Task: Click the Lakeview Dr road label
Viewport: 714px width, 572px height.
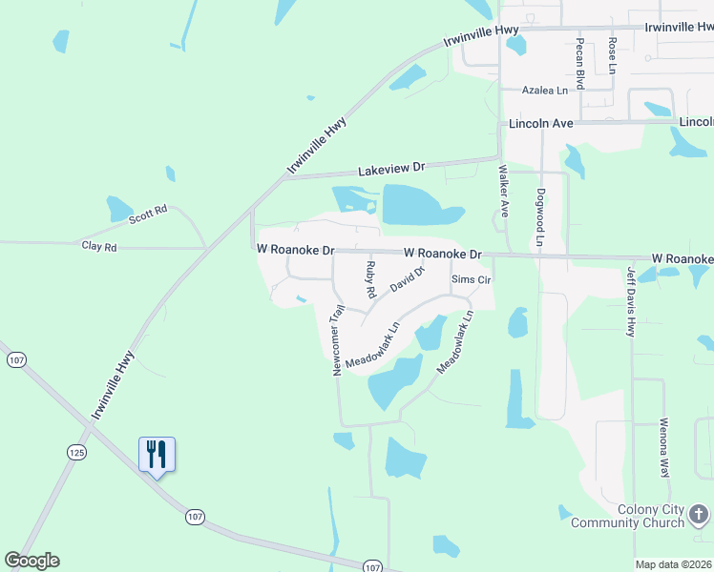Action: pos(391,170)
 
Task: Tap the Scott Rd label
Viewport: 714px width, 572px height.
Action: pos(148,214)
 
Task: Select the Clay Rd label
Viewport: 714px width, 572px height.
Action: pos(98,246)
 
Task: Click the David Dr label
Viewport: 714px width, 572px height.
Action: pos(406,279)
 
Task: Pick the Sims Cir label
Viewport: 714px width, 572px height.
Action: pos(471,279)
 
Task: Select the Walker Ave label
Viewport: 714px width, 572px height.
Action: pos(503,191)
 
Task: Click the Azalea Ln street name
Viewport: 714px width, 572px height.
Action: pos(544,90)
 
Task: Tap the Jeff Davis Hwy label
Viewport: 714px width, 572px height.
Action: pos(631,300)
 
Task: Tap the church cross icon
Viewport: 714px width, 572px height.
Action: pos(699,516)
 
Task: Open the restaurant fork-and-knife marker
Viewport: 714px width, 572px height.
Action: pos(157,455)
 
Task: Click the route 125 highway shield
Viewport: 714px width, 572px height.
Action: pos(78,452)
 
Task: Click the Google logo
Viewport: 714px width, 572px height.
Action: pos(31,561)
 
